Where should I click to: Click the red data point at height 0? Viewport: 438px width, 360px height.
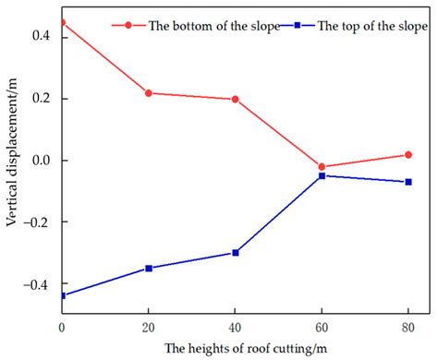pyautogui.click(x=62, y=22)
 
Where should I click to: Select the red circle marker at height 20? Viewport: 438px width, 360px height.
pyautogui.click(x=148, y=93)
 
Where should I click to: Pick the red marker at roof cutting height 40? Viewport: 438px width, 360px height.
pyautogui.click(x=235, y=99)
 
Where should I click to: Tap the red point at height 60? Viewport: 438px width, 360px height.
pyautogui.click(x=322, y=167)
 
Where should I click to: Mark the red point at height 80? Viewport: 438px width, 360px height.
pyautogui.click(x=408, y=155)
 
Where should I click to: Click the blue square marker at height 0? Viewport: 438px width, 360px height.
pyautogui.click(x=62, y=295)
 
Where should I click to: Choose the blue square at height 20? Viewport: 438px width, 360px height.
pyautogui.click(x=148, y=269)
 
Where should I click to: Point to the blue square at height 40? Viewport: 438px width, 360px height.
pyautogui.click(x=235, y=253)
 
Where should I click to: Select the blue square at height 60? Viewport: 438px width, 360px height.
pyautogui.click(x=322, y=175)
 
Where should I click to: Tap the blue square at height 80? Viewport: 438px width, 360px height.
pyautogui.click(x=408, y=182)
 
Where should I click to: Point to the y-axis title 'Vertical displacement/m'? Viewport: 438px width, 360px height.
pyautogui.click(x=12, y=166)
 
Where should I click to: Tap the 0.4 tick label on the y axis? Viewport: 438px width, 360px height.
pyautogui.click(x=43, y=37)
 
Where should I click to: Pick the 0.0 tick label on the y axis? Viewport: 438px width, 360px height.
pyautogui.click(x=43, y=161)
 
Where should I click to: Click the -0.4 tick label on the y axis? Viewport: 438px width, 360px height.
pyautogui.click(x=40, y=284)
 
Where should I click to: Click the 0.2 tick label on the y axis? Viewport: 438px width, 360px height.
pyautogui.click(x=43, y=99)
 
